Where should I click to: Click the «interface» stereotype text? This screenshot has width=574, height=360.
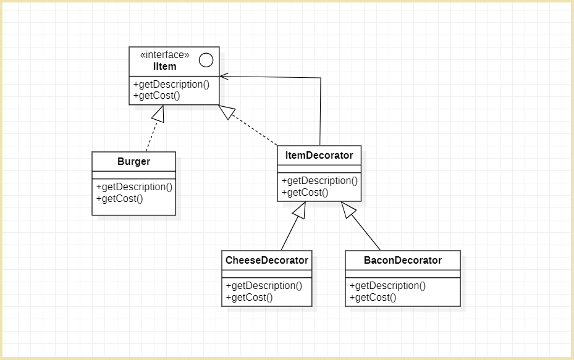click(165, 55)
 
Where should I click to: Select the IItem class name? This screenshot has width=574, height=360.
click(165, 66)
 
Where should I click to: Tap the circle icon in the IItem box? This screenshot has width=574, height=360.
click(206, 60)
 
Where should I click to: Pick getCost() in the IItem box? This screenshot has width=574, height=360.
click(156, 95)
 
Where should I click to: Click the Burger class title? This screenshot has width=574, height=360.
click(133, 162)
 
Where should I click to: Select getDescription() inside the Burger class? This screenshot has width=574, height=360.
click(135, 186)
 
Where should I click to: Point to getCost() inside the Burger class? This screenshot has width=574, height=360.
click(119, 198)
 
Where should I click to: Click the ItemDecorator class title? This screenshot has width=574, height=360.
click(319, 155)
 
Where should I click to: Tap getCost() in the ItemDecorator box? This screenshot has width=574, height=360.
click(305, 192)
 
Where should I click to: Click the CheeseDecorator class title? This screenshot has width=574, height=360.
click(267, 260)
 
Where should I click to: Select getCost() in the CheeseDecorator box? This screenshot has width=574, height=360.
click(249, 297)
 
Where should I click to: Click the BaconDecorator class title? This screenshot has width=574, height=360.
click(403, 260)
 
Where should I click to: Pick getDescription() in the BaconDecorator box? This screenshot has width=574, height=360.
click(388, 285)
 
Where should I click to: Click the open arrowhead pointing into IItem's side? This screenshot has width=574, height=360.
click(224, 77)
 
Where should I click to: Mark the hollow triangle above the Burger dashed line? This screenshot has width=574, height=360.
click(159, 113)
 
